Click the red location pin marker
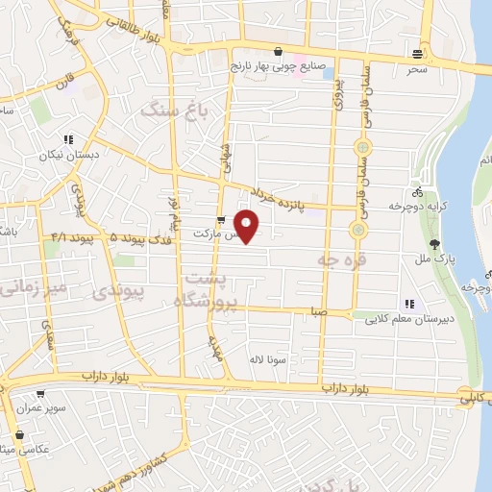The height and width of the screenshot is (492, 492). tap(248, 225)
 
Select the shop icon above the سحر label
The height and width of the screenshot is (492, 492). tap(416, 53)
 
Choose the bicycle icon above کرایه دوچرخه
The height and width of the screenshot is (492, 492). tap(421, 189)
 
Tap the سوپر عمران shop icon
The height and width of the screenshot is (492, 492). tap(40, 393)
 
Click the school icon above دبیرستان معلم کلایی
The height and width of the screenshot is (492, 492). tap(409, 304)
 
